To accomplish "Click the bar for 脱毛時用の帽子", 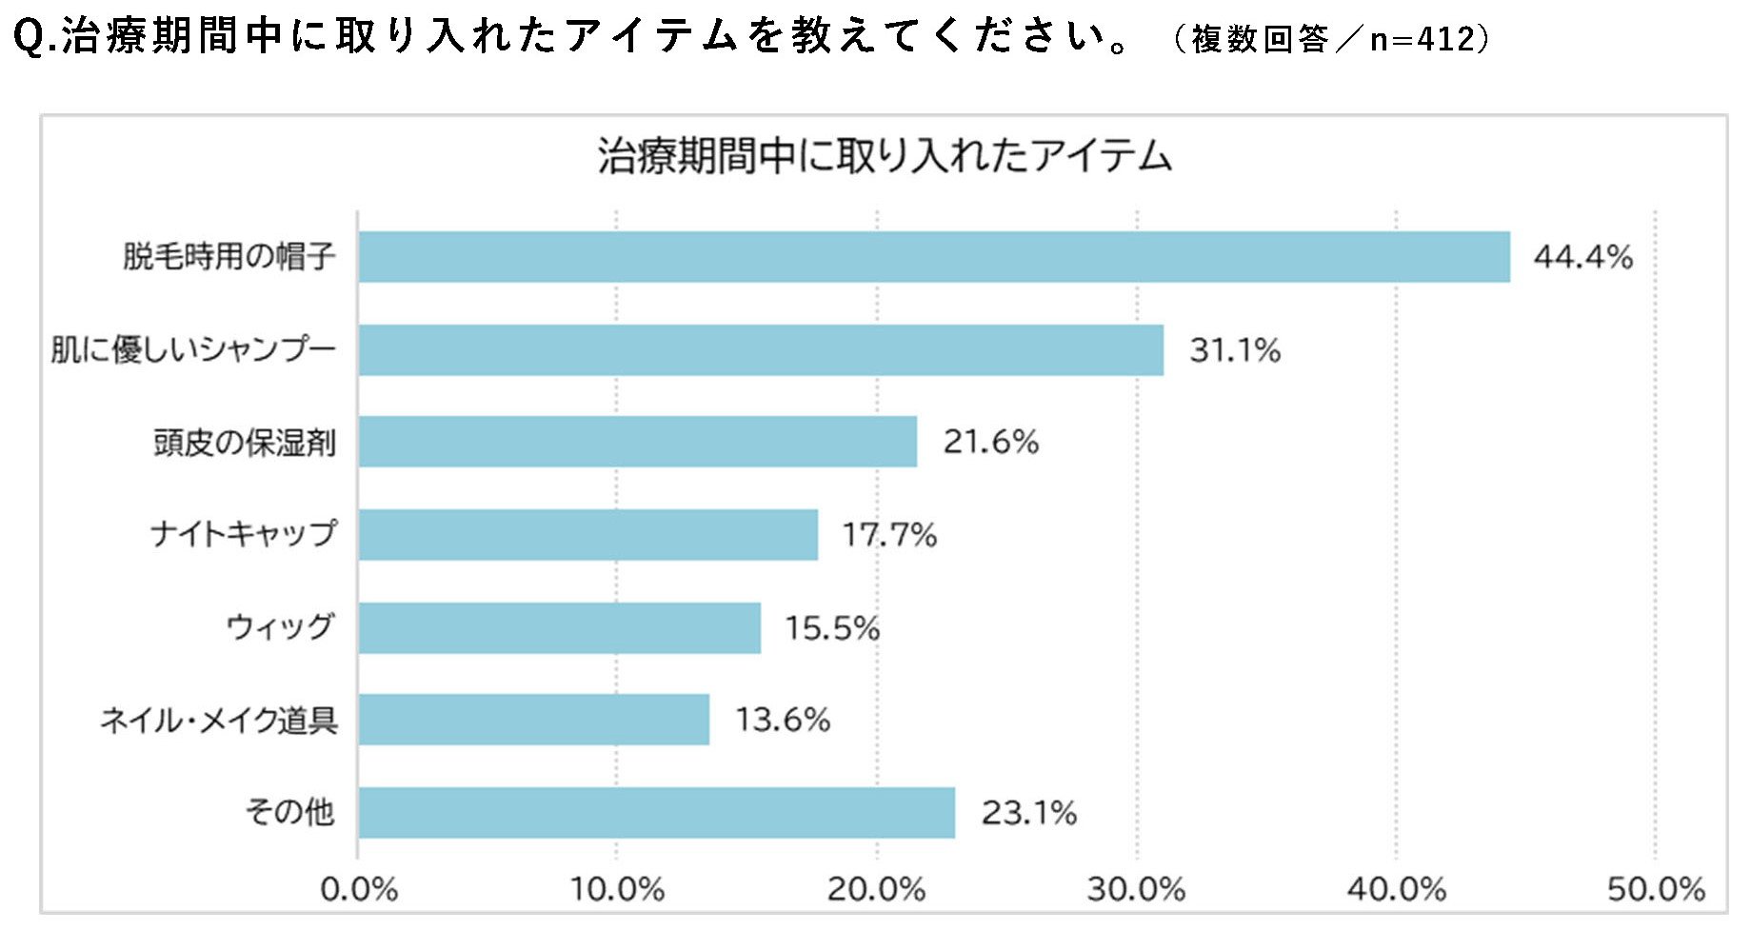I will point(933,257).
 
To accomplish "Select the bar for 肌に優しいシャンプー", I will point(761,350).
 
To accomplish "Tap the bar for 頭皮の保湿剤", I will point(637,442).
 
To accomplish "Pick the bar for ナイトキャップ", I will point(587,535).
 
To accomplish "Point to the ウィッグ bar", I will point(559,628).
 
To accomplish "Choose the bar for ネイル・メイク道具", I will point(533,720).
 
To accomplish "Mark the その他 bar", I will point(656,813).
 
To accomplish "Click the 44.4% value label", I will point(1582,257).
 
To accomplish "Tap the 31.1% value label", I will point(1234,350).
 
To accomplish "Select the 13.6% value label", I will point(783,720).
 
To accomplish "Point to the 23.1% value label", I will point(1028,813).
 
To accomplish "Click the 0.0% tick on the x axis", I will point(359,890).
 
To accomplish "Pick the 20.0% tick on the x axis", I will point(876,890).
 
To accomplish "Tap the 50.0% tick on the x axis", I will point(1656,890).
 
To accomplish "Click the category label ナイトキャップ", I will point(244,533).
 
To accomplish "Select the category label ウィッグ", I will point(280,626).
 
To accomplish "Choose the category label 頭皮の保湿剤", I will point(245,443).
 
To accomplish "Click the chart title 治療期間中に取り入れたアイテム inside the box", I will point(885,156).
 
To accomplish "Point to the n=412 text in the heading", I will point(1423,39).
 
